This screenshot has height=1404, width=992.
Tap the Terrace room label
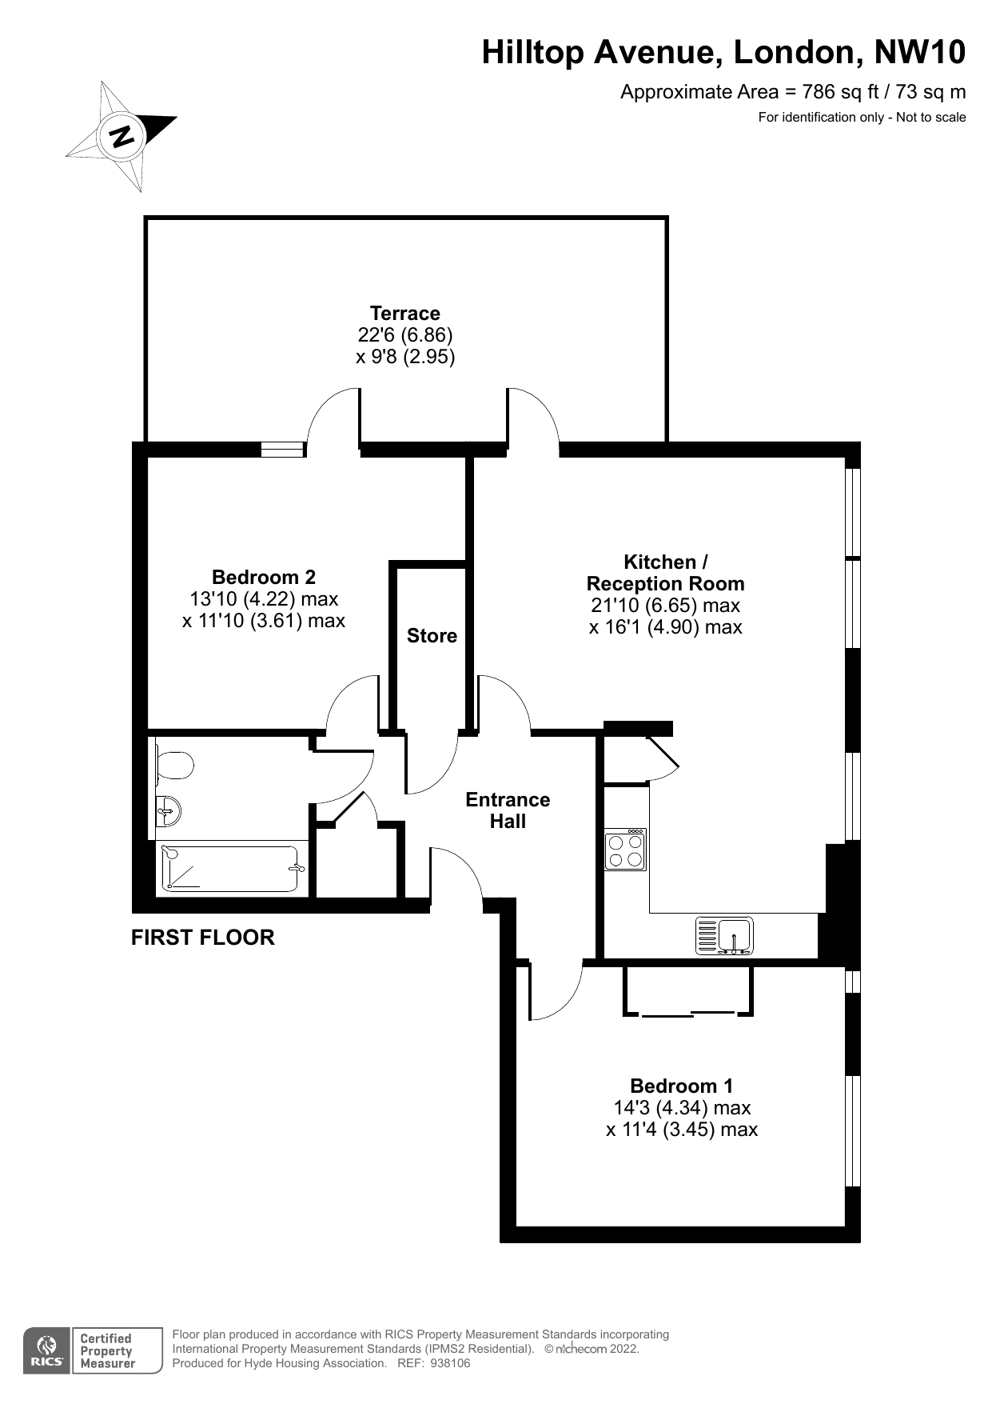[x=405, y=314]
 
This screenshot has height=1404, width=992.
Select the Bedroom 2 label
[x=264, y=577]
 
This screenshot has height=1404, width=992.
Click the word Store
[x=432, y=636]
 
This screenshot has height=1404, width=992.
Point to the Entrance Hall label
[x=508, y=810]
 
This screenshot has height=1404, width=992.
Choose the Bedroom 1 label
[x=682, y=1086]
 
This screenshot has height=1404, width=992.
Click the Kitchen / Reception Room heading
[x=666, y=573]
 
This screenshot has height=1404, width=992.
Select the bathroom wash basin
[x=169, y=813]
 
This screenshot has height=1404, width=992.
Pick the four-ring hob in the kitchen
[x=625, y=850]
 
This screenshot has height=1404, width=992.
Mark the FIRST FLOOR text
[x=203, y=938]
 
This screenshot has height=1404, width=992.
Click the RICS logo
[x=48, y=1351]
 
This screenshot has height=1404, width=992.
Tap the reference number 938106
[x=450, y=1363]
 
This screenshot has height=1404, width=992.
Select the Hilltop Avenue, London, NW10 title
[x=723, y=53]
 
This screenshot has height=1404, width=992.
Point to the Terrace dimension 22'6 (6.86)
[x=405, y=335]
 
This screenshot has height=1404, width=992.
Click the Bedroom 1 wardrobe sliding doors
[x=688, y=1014]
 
